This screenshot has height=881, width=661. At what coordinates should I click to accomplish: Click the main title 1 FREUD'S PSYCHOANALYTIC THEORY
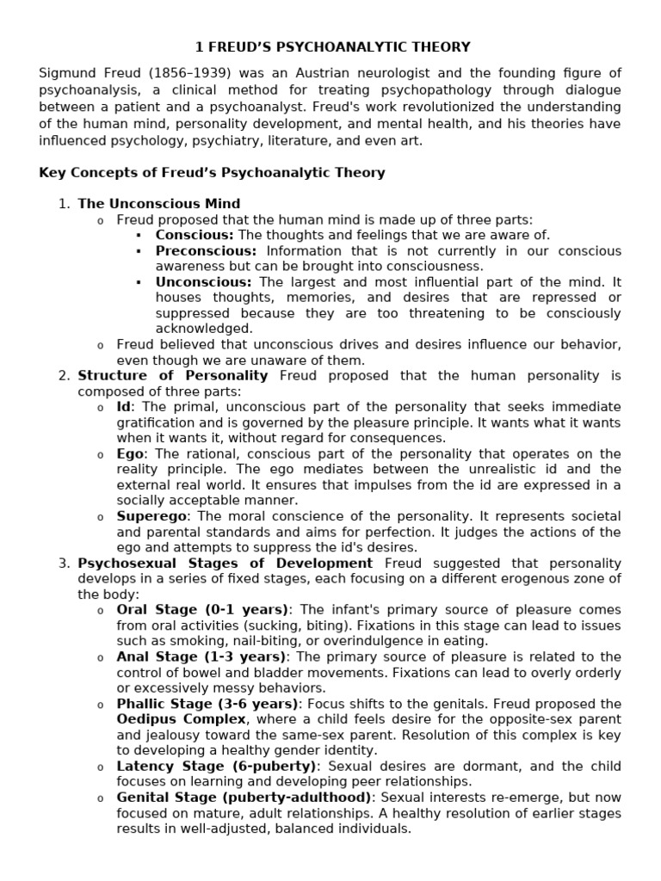[x=330, y=46]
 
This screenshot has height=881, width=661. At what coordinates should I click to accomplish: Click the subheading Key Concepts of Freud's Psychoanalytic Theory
[x=212, y=172]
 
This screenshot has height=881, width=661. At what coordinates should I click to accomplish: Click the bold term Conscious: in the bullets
[x=194, y=235]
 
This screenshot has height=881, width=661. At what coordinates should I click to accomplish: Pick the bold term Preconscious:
[x=206, y=250]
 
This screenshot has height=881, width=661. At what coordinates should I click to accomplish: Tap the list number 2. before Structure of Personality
[x=63, y=375]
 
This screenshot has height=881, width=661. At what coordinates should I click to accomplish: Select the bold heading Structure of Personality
[x=173, y=375]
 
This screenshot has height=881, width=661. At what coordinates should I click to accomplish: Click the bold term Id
[x=125, y=406]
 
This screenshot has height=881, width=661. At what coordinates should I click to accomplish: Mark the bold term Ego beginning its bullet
[x=131, y=453]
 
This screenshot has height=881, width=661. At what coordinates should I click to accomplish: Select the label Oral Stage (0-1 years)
[x=203, y=609]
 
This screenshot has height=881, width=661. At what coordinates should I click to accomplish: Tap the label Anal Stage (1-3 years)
[x=203, y=656]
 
